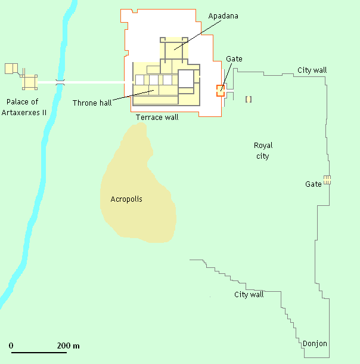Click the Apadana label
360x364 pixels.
[x=224, y=16]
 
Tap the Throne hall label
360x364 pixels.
[x=92, y=103]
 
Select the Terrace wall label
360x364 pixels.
[x=157, y=118]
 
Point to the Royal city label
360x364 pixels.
[x=263, y=151]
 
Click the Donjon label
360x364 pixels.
[x=315, y=344]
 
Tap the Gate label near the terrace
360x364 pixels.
[x=234, y=59]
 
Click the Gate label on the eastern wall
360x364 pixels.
[x=314, y=184]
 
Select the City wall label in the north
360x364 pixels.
[x=312, y=70]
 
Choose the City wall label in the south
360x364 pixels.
[x=249, y=295]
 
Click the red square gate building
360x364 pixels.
[x=221, y=90]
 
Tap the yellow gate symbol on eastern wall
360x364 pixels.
[x=327, y=180]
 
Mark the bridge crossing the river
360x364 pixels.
[x=59, y=82]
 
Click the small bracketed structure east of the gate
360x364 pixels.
[x=249, y=99]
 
